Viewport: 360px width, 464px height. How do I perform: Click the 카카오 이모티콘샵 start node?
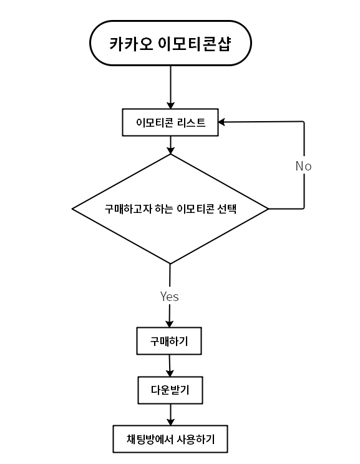pos(170,43)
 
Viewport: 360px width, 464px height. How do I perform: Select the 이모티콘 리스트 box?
pos(170,122)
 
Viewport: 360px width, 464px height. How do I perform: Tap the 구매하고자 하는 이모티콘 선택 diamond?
pos(170,209)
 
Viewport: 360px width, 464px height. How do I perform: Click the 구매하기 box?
pos(169,341)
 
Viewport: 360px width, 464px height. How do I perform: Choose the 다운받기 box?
pos(170,390)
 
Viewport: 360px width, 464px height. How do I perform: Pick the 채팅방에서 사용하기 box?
pos(170,439)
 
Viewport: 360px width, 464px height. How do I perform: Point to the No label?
pos(304,166)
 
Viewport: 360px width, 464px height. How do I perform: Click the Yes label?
pos(169,296)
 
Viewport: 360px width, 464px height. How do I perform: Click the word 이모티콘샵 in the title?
pos(194,44)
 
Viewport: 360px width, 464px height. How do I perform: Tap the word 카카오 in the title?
pos(130,44)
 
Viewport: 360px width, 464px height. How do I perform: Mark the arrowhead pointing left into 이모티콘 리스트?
pos(221,122)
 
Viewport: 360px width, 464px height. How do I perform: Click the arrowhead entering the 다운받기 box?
pos(170,373)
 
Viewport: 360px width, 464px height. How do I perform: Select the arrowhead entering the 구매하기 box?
pos(169,323)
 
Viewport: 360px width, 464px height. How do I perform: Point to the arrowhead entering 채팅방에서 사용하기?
pos(170,422)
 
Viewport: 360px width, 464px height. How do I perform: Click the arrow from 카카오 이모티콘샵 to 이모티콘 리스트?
pos(170,87)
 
